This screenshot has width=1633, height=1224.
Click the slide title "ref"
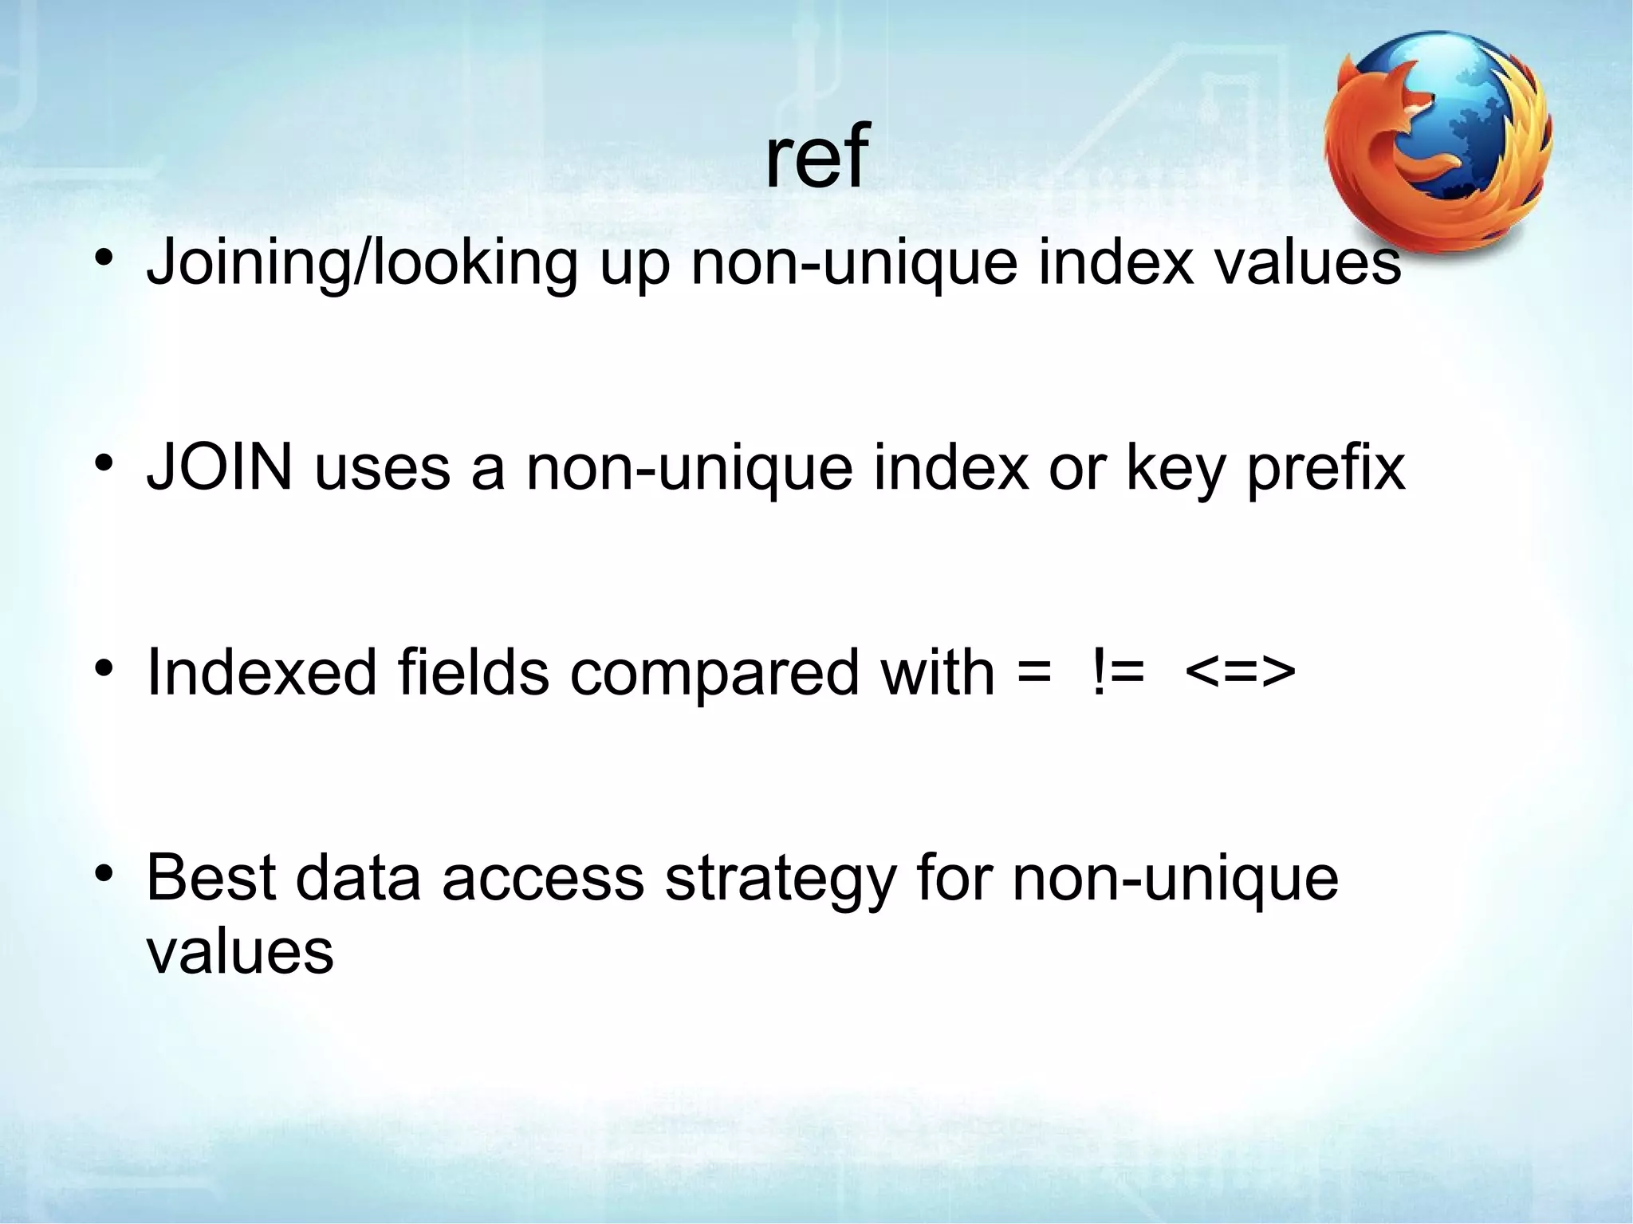815,156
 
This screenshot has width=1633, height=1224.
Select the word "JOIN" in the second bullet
220,468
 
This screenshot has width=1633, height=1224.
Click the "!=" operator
1117,672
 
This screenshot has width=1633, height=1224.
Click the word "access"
543,880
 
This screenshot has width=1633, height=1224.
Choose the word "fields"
473,672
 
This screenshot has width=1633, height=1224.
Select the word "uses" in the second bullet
383,470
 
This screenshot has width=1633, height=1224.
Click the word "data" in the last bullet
358,878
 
